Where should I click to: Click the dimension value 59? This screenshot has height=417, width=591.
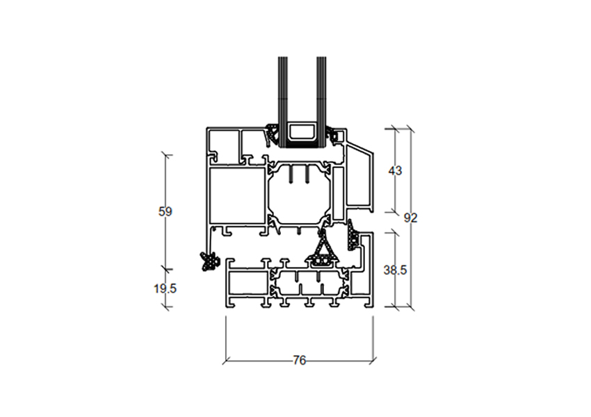click(x=165, y=212)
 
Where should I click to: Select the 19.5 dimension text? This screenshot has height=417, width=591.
click(x=165, y=289)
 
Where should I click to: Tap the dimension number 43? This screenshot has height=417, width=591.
click(x=395, y=171)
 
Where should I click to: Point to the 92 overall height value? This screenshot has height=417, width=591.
click(x=410, y=218)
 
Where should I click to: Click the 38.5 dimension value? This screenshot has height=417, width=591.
click(x=395, y=270)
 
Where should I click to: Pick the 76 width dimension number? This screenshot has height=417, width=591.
click(x=299, y=361)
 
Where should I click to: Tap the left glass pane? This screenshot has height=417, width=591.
click(x=283, y=101)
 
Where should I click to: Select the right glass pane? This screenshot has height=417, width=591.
click(x=321, y=101)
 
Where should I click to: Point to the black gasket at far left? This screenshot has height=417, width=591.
click(x=209, y=261)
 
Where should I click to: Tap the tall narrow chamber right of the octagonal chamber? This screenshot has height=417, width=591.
click(x=339, y=194)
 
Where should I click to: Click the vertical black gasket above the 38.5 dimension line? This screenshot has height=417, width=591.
click(x=352, y=238)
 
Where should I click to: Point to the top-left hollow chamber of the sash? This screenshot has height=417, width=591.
click(x=223, y=145)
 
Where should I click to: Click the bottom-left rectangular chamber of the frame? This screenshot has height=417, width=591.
click(x=248, y=284)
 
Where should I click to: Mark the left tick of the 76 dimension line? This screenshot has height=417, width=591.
click(x=226, y=361)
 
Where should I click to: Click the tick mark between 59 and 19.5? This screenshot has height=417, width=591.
click(x=166, y=269)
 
